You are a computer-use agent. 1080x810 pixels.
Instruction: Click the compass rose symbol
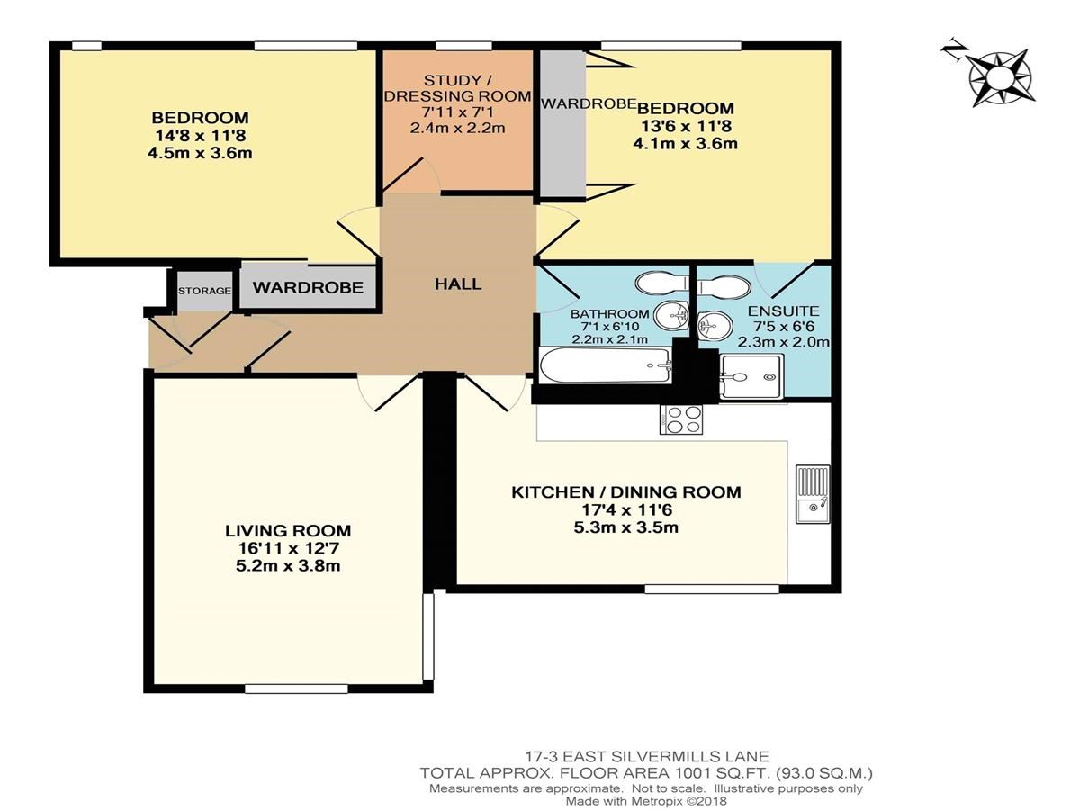click(x=1000, y=77)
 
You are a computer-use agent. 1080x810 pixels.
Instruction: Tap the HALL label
click(x=457, y=283)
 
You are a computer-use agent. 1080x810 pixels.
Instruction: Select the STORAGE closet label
click(x=204, y=291)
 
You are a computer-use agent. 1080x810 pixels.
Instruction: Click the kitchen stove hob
click(x=681, y=419)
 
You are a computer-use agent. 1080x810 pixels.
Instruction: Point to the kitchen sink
click(x=813, y=493)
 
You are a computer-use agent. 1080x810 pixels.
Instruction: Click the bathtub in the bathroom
click(x=605, y=365)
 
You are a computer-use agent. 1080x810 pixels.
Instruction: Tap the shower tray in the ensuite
click(x=751, y=376)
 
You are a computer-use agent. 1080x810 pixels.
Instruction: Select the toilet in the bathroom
click(x=661, y=283)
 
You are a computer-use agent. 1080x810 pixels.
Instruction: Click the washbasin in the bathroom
click(x=673, y=314)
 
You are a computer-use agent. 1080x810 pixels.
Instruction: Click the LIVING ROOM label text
click(x=288, y=531)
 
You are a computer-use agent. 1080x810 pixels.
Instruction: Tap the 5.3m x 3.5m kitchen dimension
click(x=625, y=527)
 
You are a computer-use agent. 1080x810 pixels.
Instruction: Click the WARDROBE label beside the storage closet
click(x=308, y=288)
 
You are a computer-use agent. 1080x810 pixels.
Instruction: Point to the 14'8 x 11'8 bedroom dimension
click(x=200, y=135)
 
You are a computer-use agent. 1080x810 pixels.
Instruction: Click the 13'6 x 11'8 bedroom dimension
click(x=686, y=126)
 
